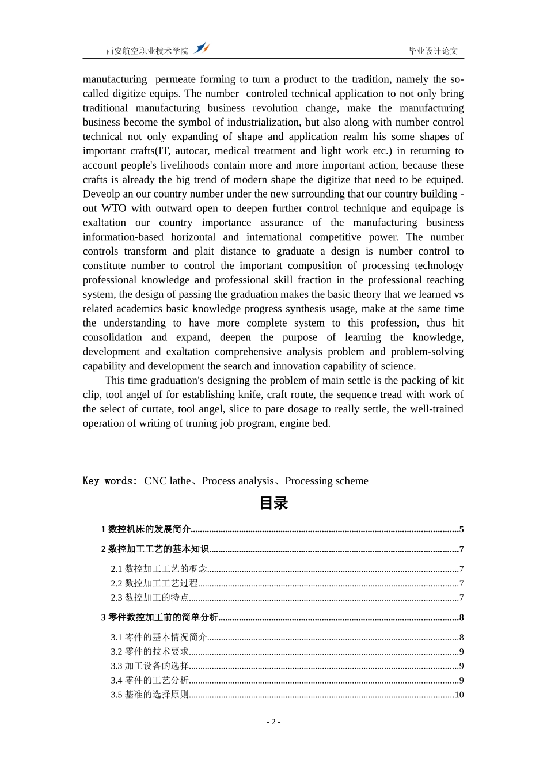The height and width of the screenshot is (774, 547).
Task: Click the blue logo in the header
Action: pyautogui.click(x=202, y=48)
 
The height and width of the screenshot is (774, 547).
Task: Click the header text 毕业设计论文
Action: pyautogui.click(x=433, y=51)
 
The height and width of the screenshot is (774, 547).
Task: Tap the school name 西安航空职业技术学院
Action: pyautogui.click(x=147, y=51)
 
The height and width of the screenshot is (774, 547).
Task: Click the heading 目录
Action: pyautogui.click(x=273, y=503)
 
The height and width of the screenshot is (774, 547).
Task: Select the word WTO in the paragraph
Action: pyautogui.click(x=114, y=208)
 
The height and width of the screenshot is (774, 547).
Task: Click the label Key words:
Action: pyautogui.click(x=110, y=481)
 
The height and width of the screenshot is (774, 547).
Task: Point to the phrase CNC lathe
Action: pyautogui.click(x=167, y=481)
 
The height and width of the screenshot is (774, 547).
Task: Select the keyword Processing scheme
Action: pyautogui.click(x=326, y=481)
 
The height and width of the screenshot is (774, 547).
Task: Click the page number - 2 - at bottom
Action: pyautogui.click(x=273, y=722)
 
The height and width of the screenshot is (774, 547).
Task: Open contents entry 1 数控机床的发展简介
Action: pyautogui.click(x=146, y=529)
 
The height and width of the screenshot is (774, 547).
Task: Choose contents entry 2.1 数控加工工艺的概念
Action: pyautogui.click(x=159, y=569)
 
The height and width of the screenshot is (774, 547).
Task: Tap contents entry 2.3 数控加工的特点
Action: pyautogui.click(x=150, y=598)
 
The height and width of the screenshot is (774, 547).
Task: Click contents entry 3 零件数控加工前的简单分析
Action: pyautogui.click(x=159, y=617)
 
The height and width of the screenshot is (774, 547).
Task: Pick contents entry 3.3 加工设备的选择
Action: pyautogui.click(x=150, y=666)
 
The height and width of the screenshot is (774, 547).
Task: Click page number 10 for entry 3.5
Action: pyautogui.click(x=459, y=695)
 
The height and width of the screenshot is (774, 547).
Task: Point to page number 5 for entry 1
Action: pyautogui.click(x=461, y=529)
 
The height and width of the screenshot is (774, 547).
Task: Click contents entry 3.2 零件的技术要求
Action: pyautogui.click(x=150, y=652)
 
